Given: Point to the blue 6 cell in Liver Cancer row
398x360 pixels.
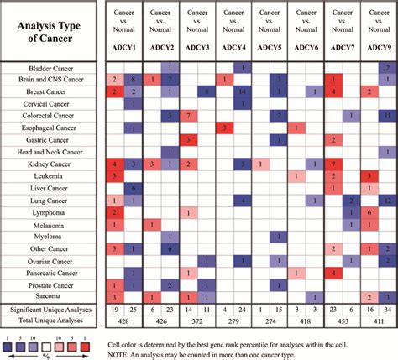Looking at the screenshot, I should (x=130, y=188).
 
